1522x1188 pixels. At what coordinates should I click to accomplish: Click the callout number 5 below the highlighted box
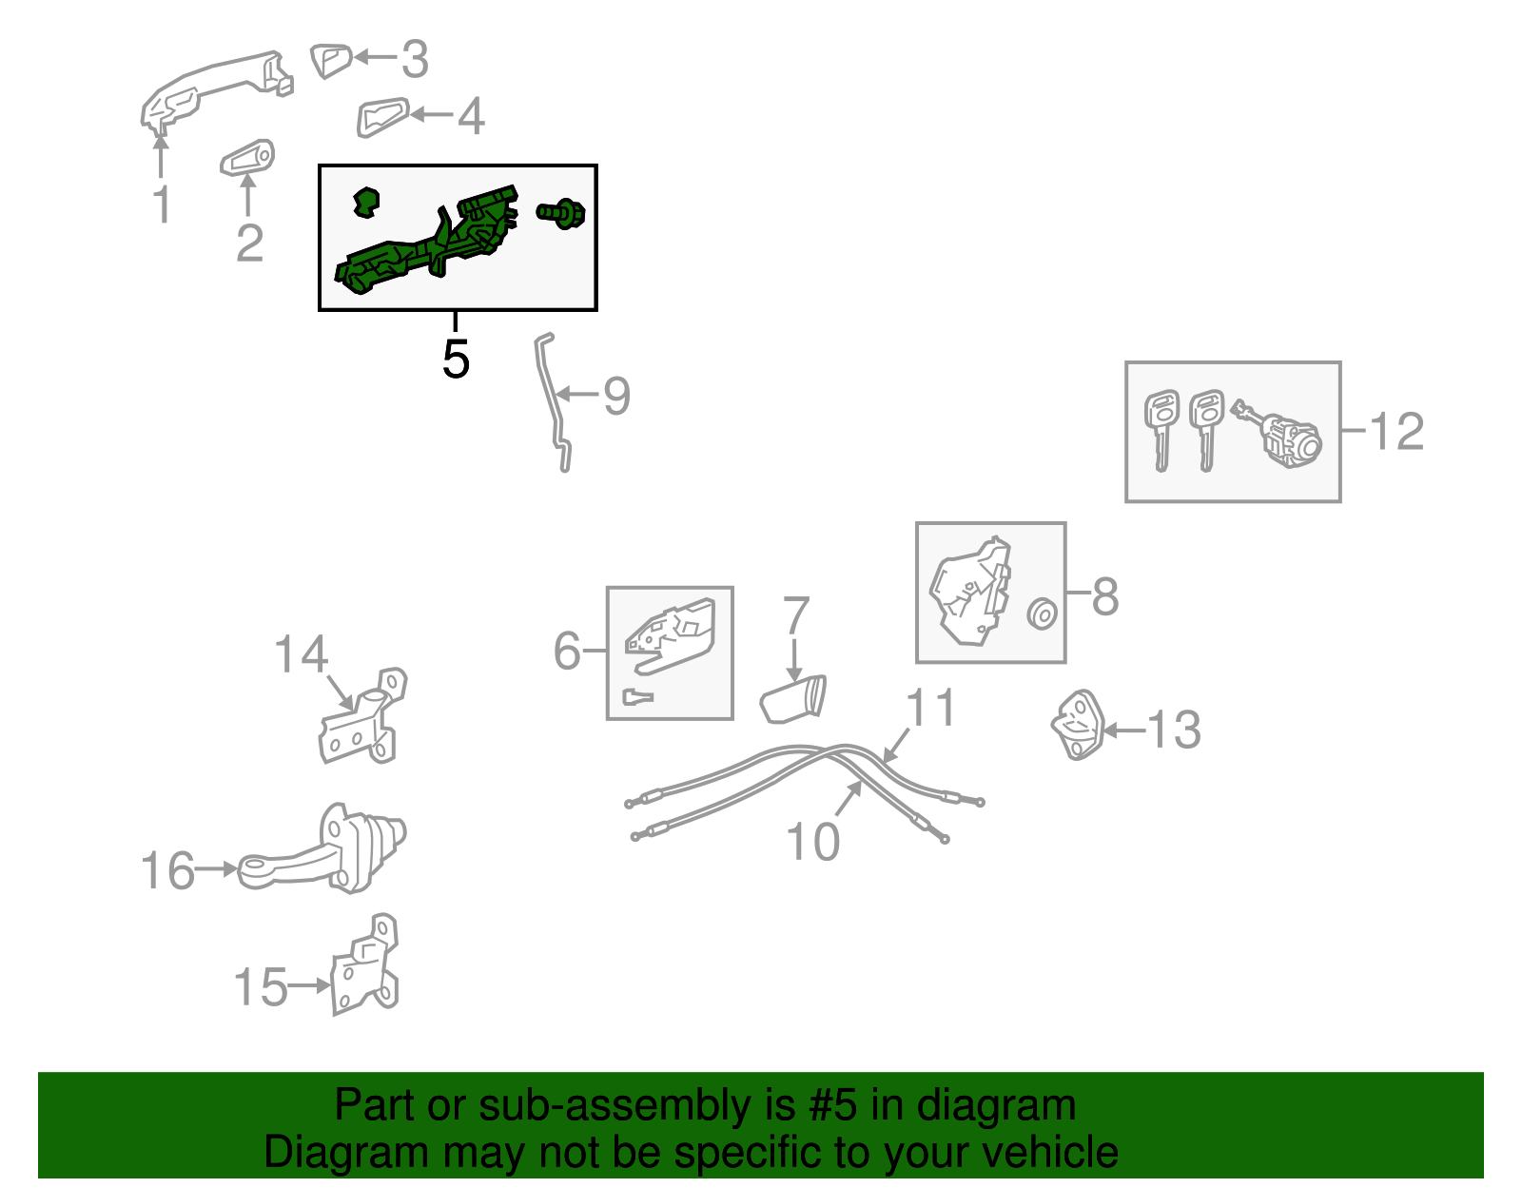tap(456, 360)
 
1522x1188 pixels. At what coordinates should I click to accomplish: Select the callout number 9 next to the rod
tap(617, 397)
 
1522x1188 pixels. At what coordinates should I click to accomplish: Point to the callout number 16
tap(167, 870)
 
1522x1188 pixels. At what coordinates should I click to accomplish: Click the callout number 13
tap(1173, 730)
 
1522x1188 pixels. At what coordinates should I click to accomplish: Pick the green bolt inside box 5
tap(561, 213)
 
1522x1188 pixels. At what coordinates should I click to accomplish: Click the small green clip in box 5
tap(365, 202)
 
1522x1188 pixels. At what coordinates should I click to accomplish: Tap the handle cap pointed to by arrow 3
tap(331, 61)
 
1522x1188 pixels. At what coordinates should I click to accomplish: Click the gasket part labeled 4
tap(382, 116)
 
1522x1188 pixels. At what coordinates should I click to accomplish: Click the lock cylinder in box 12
tap(1278, 434)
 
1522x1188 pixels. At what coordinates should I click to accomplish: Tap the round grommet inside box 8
tap(1043, 613)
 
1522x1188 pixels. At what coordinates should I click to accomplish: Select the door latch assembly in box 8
tap(971, 590)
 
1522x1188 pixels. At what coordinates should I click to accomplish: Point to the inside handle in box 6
tap(671, 635)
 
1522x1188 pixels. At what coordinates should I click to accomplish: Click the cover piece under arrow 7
tap(793, 699)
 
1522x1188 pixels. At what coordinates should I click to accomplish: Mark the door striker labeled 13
tap(1077, 725)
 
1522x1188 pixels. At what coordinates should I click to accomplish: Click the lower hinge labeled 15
tap(364, 964)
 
